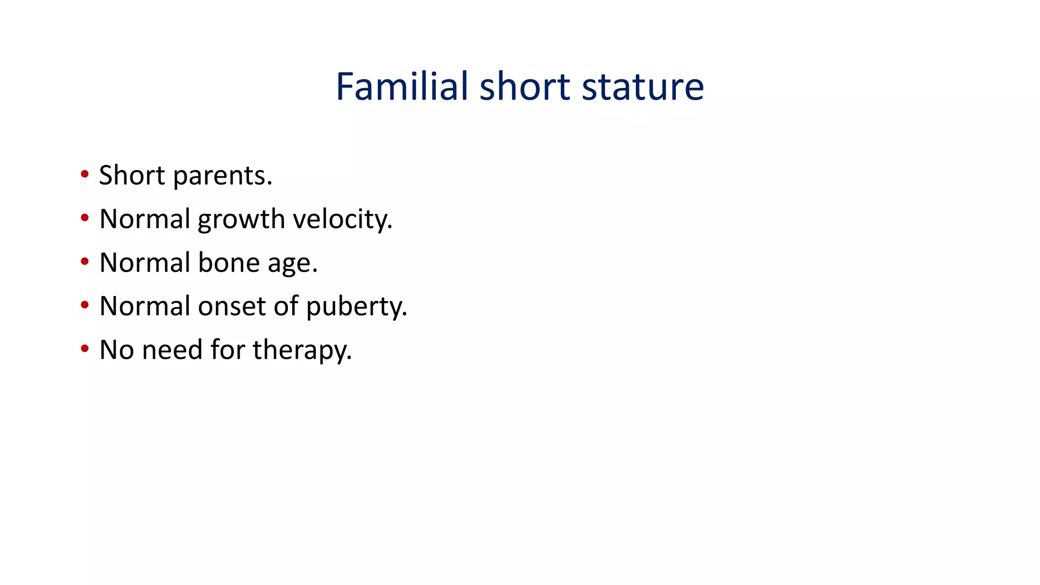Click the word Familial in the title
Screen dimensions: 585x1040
point(402,86)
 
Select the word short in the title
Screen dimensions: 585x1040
point(525,86)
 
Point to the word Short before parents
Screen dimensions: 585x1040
point(132,175)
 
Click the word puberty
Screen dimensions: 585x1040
point(356,307)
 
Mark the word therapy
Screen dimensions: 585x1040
point(302,350)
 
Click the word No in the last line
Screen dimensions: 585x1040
point(116,350)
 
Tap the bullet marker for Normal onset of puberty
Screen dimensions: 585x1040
point(85,305)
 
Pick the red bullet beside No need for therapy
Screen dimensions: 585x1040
point(85,349)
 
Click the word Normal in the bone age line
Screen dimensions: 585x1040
point(145,263)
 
